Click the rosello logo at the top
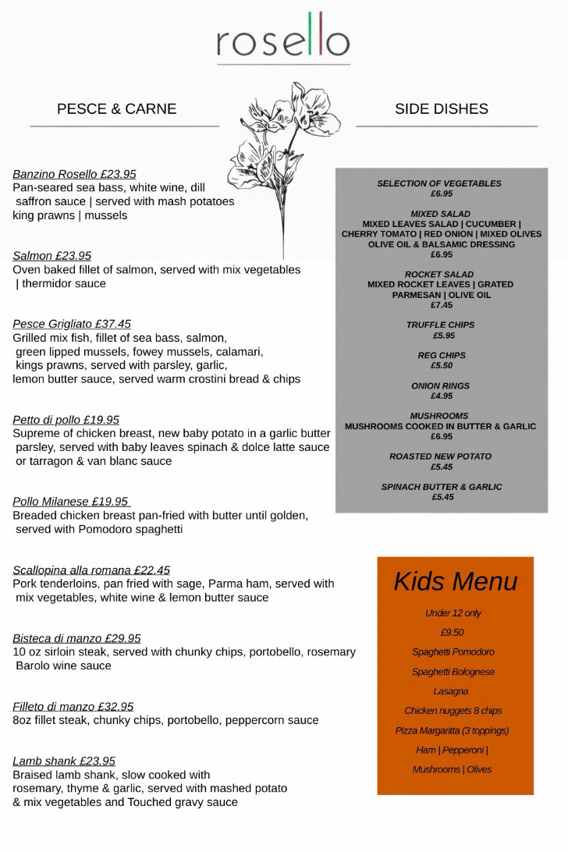pos(283,38)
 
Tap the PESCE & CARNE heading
pos(116,109)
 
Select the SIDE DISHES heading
pos(441,109)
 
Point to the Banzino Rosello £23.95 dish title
pos(74,174)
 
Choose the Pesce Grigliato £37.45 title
pos(72,324)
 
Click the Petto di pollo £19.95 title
pos(66,420)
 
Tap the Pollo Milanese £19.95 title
pos(70,502)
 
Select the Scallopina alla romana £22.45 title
pos(91,570)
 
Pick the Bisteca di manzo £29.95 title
pos(76,638)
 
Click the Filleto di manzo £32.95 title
pos(73,707)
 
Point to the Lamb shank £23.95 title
pos(64,761)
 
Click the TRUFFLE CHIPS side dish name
pos(440,325)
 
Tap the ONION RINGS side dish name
pos(440,386)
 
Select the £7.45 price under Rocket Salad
pos(441,305)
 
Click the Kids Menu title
pos(455,582)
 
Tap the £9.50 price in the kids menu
pos(452,633)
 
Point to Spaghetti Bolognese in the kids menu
pos(453,672)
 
